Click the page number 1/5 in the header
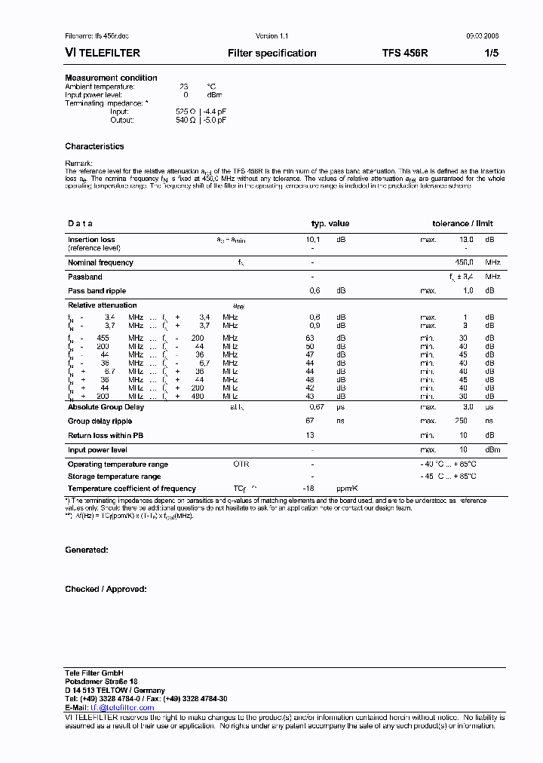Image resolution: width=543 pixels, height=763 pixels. coord(492,53)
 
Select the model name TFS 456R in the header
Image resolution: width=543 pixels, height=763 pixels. coord(405,53)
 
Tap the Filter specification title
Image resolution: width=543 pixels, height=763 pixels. coord(271,53)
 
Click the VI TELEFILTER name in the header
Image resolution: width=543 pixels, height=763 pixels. coord(103,53)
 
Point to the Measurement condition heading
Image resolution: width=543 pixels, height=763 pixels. coord(111,78)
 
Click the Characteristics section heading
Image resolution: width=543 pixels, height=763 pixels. coord(94,146)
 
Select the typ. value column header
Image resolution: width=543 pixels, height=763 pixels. coord(330,223)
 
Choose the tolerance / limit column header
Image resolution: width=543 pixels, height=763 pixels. coord(462,223)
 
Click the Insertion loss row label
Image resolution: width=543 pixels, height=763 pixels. coord(91,239)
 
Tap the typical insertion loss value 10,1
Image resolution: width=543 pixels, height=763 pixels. coord(315,239)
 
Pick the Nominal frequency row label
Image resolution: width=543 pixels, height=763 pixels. coord(100,262)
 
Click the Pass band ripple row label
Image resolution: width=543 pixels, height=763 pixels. coord(97,290)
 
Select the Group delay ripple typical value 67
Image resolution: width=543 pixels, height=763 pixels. coord(310,421)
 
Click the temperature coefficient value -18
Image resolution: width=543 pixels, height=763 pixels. coord(308,489)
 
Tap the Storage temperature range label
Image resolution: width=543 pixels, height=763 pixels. coord(114,476)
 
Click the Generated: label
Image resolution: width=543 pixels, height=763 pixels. coord(86,550)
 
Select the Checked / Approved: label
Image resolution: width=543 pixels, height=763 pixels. coord(106,589)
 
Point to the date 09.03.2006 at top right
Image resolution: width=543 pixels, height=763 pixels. coord(482,36)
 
